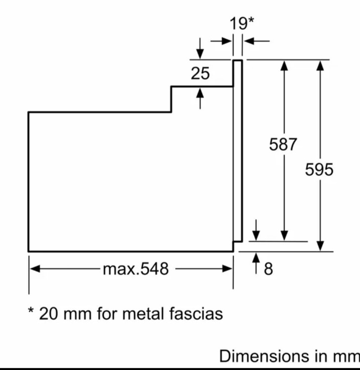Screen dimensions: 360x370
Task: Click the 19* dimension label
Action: pos(242,23)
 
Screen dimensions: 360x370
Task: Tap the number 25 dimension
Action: pos(200,73)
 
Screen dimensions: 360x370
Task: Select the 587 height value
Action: pos(283,144)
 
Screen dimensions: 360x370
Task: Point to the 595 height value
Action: pos(319,169)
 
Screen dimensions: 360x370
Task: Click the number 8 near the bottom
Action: pos(269,268)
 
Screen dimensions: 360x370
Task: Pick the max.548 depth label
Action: pos(136,269)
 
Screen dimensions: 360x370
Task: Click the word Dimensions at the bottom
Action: pos(264,356)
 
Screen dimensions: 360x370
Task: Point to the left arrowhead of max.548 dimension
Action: pos(35,269)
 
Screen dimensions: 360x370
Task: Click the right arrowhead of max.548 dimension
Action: pos(227,269)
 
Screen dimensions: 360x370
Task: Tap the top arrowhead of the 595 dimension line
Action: pos(320,65)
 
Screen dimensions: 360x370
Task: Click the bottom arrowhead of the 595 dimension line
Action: pos(320,246)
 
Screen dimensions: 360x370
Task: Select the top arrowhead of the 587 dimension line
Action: pos(284,65)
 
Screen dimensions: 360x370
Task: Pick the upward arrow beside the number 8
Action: pos(256,263)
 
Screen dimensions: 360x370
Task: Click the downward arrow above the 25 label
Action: pos(200,48)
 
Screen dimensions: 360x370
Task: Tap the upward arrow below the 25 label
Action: pos(200,98)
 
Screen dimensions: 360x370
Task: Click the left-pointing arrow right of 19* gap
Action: pos(257,41)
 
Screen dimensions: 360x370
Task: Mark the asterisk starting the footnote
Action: pos(31,310)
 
